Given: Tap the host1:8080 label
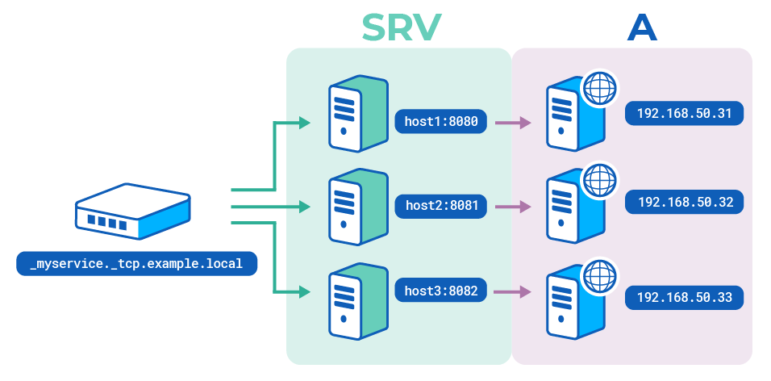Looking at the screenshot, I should pyautogui.click(x=441, y=123).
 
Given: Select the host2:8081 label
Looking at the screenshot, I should pyautogui.click(x=441, y=206).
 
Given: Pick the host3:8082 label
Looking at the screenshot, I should pyautogui.click(x=441, y=291).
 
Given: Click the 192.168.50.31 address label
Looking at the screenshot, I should pyautogui.click(x=684, y=113).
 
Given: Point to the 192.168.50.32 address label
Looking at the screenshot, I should pyautogui.click(x=684, y=202).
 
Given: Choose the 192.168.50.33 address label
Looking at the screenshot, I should pyautogui.click(x=684, y=298).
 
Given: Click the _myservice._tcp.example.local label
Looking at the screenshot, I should pyautogui.click(x=136, y=263).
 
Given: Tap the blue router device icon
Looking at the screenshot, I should pyautogui.click(x=133, y=214).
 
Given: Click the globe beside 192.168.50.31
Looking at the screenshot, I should pyautogui.click(x=598, y=88).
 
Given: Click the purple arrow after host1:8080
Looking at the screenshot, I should pyautogui.click(x=513, y=123).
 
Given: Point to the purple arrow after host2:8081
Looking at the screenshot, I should pyautogui.click(x=513, y=207).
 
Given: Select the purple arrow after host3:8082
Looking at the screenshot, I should pyautogui.click(x=513, y=291).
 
